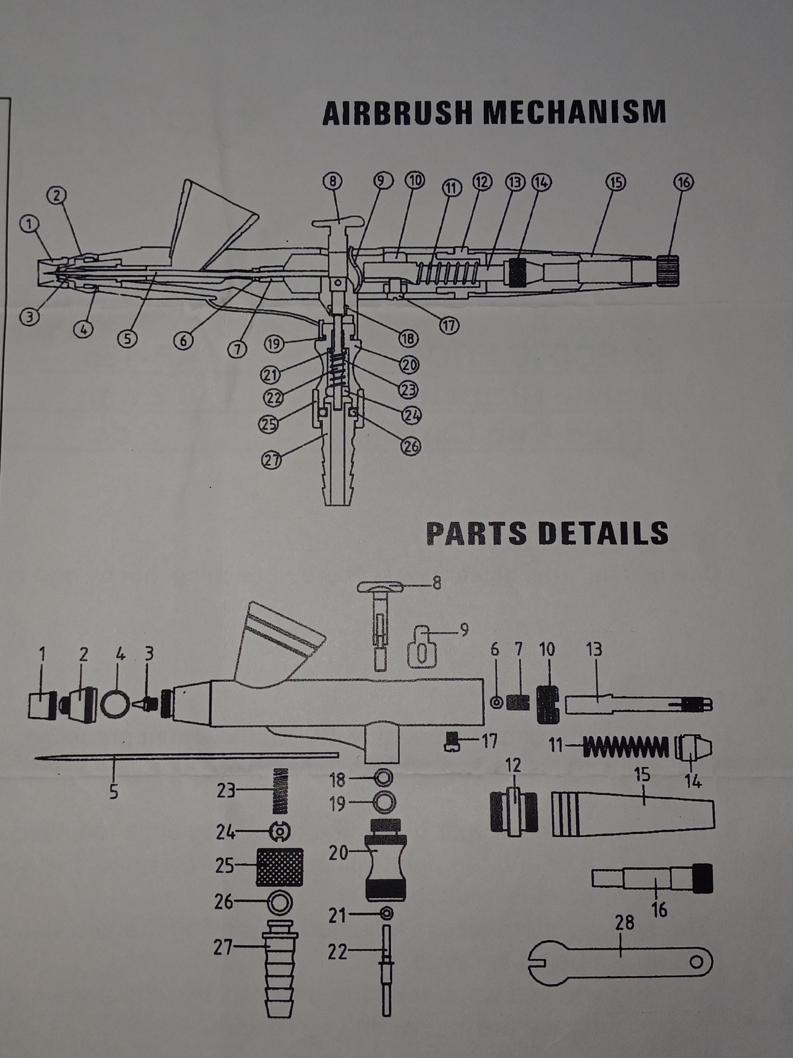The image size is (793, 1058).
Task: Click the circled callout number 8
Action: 333,181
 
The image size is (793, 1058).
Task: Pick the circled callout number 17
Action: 449,325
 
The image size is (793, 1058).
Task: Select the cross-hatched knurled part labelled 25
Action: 280,867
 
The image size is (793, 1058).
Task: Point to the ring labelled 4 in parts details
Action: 115,704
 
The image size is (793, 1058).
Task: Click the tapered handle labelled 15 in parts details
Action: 633,814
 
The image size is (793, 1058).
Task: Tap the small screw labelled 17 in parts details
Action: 452,742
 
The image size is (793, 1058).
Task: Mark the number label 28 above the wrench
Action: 624,923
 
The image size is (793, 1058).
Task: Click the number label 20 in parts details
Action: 338,853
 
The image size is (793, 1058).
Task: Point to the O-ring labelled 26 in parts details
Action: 280,902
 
